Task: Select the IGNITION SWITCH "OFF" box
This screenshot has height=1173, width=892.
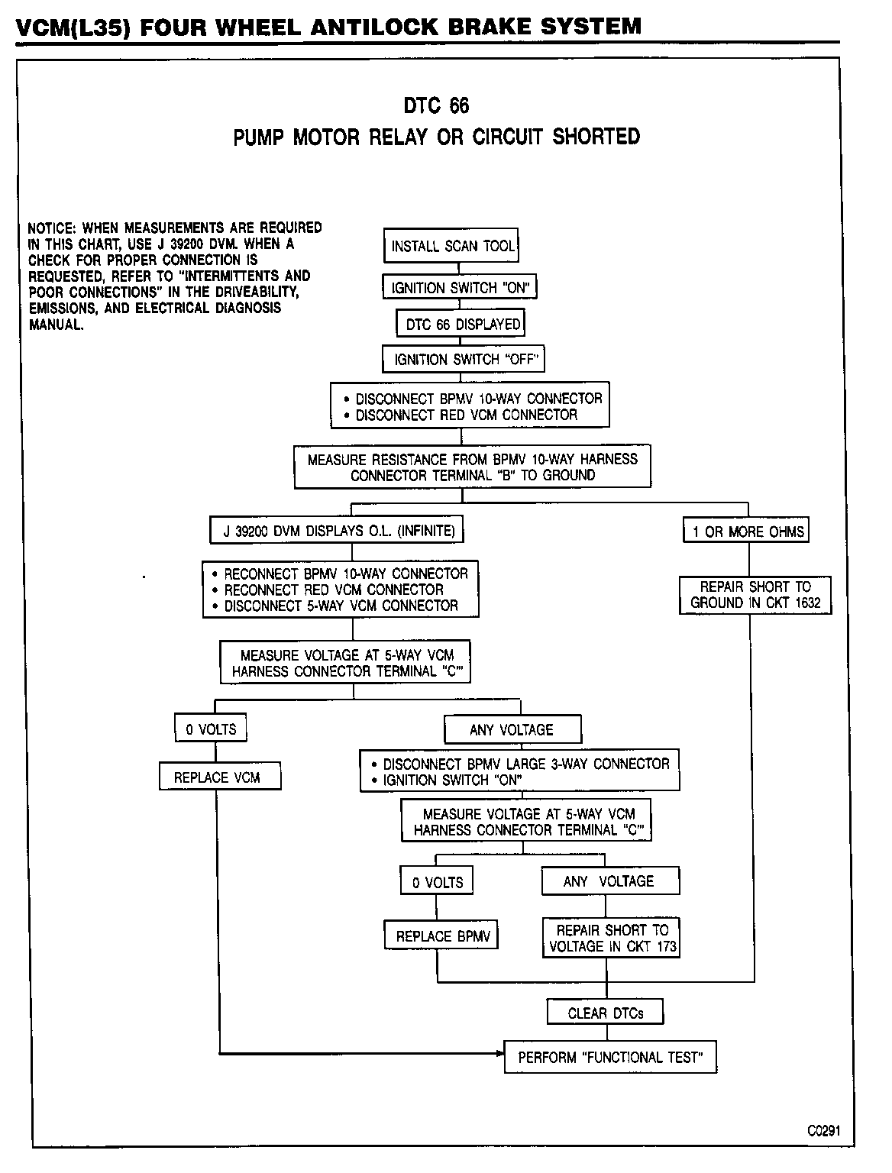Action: coord(463,359)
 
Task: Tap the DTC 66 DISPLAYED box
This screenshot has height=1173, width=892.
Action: coord(461,324)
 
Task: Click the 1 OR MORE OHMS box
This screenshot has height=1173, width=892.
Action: coord(746,532)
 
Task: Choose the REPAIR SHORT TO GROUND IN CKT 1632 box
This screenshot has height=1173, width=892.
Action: coord(755,595)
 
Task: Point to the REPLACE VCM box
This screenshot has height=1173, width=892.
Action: coord(219,777)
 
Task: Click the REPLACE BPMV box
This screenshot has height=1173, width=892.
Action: coord(441,935)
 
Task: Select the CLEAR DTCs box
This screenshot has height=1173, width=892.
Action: coord(605,1013)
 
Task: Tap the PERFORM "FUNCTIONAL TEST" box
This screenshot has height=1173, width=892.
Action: coord(610,1058)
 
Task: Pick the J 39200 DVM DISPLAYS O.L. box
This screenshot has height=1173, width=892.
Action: coord(337,531)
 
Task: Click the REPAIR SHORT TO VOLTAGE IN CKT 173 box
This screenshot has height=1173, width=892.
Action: coord(611,938)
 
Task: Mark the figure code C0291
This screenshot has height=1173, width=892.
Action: coord(823,1131)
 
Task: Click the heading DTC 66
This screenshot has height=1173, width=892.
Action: coord(436,105)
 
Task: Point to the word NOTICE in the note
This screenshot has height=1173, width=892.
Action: coord(50,228)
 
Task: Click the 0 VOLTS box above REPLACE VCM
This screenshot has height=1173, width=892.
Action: coord(211,729)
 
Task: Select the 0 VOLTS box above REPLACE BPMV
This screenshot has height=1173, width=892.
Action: coord(437,881)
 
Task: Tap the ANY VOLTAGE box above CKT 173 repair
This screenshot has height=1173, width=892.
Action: coord(610,881)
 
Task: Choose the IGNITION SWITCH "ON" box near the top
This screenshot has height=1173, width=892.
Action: coord(460,287)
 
